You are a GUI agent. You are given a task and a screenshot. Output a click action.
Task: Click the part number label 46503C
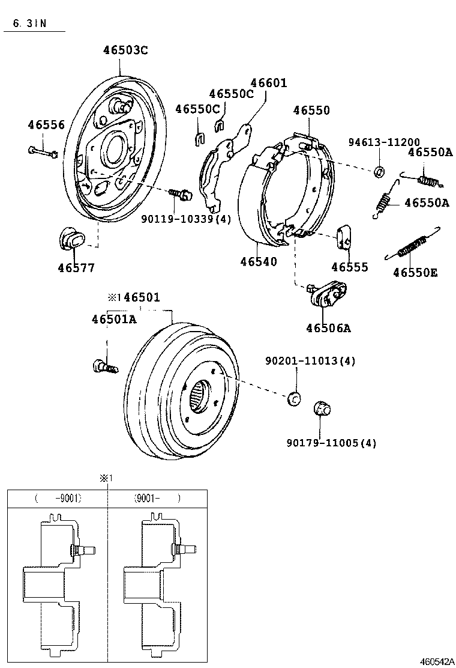125,50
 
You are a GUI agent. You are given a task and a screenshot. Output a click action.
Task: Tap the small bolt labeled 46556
42,152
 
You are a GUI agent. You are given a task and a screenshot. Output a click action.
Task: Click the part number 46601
268,83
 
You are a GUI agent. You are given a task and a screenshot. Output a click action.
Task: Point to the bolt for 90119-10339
180,194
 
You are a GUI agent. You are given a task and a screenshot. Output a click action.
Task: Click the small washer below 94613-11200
379,172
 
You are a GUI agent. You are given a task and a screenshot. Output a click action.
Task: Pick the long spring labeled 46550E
413,244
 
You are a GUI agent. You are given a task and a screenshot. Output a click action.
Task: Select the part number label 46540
259,262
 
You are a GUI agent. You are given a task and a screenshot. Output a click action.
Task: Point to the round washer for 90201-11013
295,397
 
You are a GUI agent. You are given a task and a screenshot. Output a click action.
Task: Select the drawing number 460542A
436,661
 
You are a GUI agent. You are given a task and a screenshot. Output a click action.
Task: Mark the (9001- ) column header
156,499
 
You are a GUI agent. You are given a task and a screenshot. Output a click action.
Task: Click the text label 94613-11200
384,142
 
